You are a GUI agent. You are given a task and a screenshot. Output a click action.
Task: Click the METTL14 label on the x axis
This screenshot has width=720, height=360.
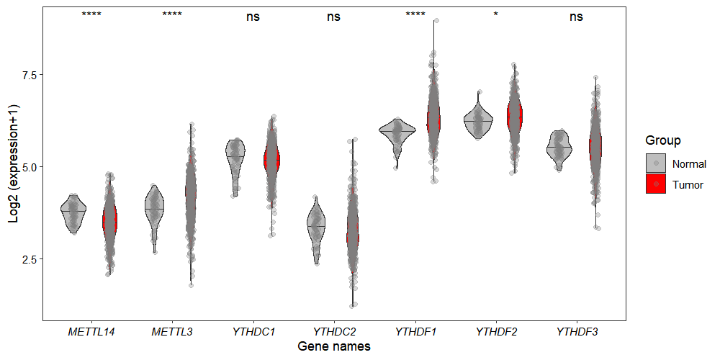coord(91,332)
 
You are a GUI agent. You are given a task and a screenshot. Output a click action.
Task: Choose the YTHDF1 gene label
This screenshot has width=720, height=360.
coord(415,332)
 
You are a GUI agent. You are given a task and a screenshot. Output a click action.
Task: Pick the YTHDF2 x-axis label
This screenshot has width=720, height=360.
coord(495,332)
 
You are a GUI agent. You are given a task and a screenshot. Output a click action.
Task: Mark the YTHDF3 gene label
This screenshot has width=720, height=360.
coord(576,332)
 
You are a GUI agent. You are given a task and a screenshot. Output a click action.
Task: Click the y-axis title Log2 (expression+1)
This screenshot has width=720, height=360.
coord(14,163)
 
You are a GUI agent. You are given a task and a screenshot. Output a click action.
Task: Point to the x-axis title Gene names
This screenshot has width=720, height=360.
coord(334,347)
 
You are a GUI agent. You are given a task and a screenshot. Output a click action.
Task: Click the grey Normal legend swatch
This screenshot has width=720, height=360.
coord(656,164)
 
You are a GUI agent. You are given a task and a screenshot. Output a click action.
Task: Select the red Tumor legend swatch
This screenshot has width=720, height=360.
coord(656,185)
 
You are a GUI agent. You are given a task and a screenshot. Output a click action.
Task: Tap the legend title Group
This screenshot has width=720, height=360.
coord(663,140)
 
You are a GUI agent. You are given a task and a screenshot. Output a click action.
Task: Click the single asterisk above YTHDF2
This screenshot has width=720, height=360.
coord(495,15)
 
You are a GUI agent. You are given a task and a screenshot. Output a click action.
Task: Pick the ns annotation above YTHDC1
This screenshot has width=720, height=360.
coord(253,17)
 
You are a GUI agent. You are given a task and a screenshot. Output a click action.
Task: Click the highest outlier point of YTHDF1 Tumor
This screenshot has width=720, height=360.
coord(436,21)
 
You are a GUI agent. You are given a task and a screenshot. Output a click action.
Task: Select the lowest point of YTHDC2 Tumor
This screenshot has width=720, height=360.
coord(353,306)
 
